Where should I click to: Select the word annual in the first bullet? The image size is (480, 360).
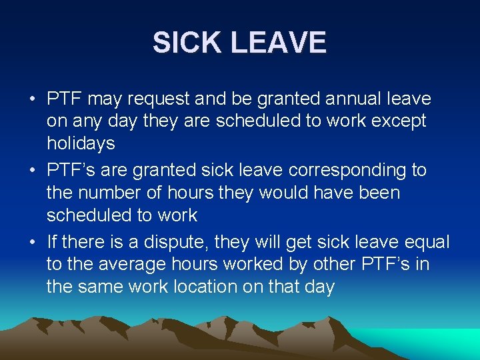coord(355,99)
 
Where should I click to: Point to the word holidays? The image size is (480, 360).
coord(81,143)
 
